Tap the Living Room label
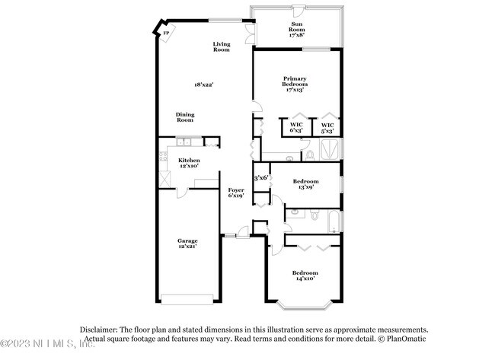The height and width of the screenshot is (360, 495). (x=221, y=47)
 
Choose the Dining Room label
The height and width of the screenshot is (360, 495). (x=186, y=117)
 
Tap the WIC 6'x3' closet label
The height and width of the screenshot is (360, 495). (x=297, y=128)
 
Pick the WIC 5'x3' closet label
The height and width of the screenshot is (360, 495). (x=327, y=128)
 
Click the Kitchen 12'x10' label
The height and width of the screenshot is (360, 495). (x=189, y=163)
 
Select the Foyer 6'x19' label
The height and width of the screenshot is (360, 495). (x=235, y=193)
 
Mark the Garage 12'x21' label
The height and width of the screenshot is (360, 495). (x=187, y=244)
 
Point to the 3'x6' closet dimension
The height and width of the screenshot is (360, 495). (x=260, y=177)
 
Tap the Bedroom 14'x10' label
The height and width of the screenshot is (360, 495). (x=305, y=275)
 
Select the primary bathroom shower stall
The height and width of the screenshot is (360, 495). (x=333, y=147)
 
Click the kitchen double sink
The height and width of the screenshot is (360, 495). (x=184, y=142)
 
